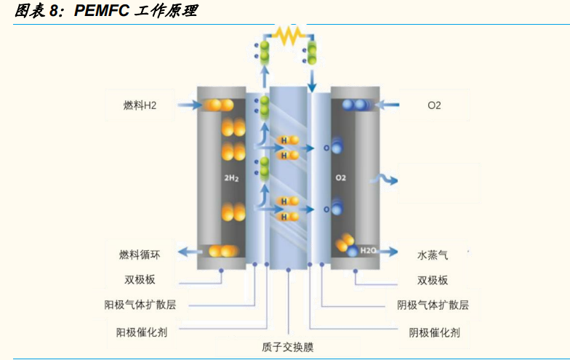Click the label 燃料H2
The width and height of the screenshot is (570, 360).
(x=140, y=106)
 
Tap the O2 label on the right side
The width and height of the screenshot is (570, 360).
(x=434, y=106)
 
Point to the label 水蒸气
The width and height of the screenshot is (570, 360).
(x=433, y=255)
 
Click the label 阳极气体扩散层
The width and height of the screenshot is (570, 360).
(x=140, y=305)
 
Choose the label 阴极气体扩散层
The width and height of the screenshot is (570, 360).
(x=433, y=305)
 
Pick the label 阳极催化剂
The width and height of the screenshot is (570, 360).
(x=142, y=332)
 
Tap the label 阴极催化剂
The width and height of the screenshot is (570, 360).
(x=433, y=332)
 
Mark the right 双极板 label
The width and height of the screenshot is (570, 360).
(x=433, y=280)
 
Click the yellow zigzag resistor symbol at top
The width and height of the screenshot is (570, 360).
(x=288, y=36)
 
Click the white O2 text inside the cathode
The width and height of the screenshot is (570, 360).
(x=341, y=177)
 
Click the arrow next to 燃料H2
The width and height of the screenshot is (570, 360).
(x=188, y=105)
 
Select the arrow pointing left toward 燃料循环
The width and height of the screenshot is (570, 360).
(x=190, y=252)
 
